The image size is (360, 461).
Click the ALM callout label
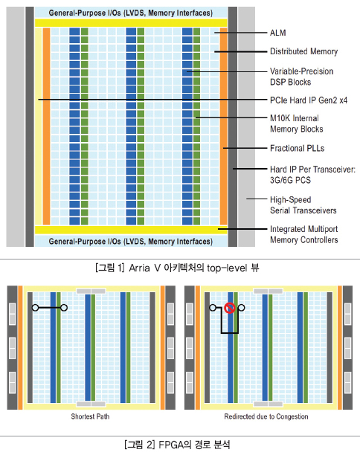[x=278, y=33]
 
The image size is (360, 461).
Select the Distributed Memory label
[x=303, y=51]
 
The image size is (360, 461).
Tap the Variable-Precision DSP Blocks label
[x=302, y=77]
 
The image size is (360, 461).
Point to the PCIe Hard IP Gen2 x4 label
[x=309, y=100]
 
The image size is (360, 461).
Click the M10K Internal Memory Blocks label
[x=297, y=123]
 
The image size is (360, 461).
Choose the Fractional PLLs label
[x=297, y=148]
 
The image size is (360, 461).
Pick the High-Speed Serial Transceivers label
[x=303, y=205]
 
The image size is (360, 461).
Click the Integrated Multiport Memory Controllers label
[x=303, y=234]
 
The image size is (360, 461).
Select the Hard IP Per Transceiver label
[x=312, y=175]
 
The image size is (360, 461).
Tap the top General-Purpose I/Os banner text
[x=131, y=13]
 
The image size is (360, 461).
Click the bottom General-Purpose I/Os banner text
[x=131, y=242]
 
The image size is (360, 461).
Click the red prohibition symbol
[x=229, y=308]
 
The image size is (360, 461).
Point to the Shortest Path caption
[x=90, y=416]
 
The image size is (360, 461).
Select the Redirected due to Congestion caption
[x=266, y=416]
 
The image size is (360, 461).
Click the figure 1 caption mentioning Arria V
[x=177, y=268]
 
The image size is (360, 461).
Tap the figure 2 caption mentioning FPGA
[x=177, y=444]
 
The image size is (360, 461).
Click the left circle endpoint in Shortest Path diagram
[x=35, y=308]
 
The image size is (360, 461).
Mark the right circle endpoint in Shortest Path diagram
[x=64, y=308]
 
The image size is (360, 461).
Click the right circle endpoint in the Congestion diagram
[x=241, y=308]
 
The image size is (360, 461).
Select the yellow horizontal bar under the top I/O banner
[x=131, y=22]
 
